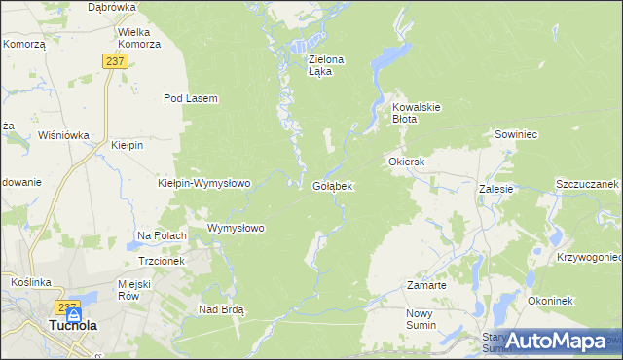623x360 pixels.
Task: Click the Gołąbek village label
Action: [x=332, y=185]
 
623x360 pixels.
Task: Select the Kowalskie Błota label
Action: [x=418, y=112]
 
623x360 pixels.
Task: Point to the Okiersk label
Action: [x=407, y=161]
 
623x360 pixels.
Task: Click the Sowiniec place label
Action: [x=516, y=134]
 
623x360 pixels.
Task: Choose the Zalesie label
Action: [x=495, y=189]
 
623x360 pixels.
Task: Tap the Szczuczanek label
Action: [x=587, y=184]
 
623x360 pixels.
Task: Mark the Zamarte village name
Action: [x=425, y=286]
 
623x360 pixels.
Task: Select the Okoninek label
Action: [x=556, y=302]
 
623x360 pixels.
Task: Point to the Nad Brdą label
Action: [x=221, y=309]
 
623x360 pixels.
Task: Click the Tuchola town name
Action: [x=72, y=326]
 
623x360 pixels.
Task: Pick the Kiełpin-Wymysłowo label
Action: [x=204, y=183]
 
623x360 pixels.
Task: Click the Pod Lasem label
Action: [x=190, y=98]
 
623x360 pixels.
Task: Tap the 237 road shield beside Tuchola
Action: [x=67, y=307]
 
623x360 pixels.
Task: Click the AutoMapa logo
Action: [x=556, y=341]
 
